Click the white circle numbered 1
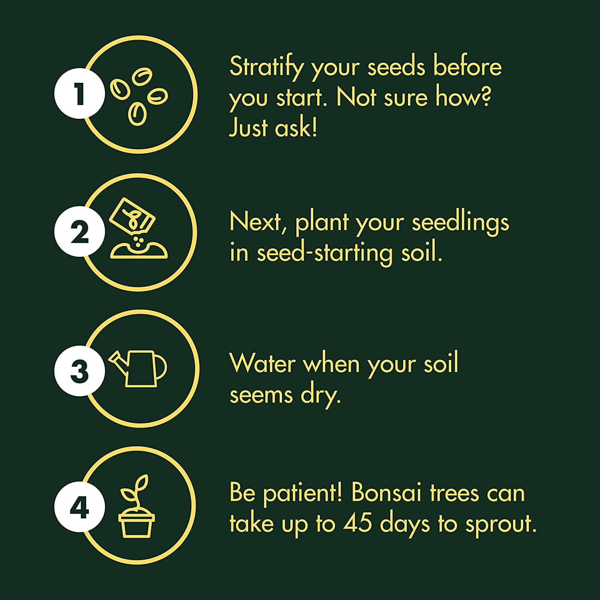pyautogui.click(x=80, y=93)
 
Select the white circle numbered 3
pyautogui.click(x=80, y=371)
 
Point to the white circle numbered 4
pyautogui.click(x=80, y=507)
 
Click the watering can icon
pyautogui.click(x=138, y=368)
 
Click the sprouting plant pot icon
pyautogui.click(x=136, y=506)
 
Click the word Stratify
pyautogui.click(x=264, y=67)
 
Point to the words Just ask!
pyautogui.click(x=273, y=128)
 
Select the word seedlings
pyautogui.click(x=460, y=223)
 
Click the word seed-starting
pyautogui.click(x=324, y=254)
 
